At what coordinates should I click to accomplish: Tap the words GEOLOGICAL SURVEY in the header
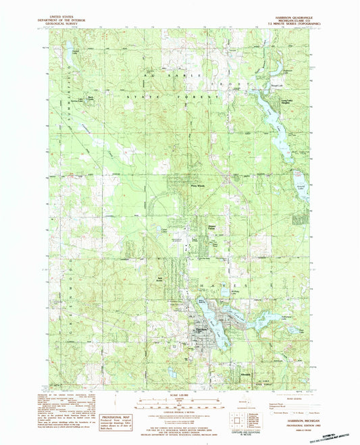[x=66, y=21]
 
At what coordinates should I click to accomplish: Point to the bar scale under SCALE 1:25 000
[x=180, y=406]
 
